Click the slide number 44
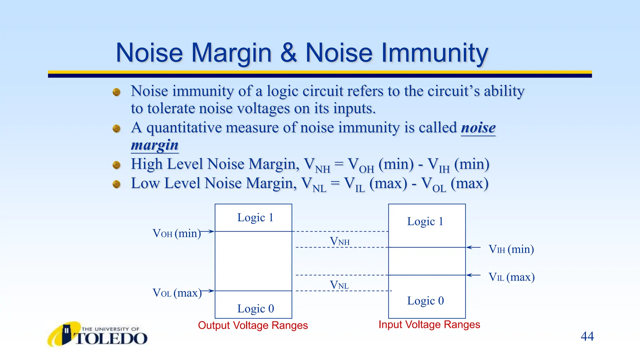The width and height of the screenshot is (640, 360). pos(587,336)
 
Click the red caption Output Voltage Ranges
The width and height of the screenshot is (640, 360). pos(253,325)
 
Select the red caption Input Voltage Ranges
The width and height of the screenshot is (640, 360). pos(429,324)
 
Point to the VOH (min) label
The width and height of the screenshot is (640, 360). pos(177,233)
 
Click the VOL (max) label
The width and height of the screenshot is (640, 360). pos(177,293)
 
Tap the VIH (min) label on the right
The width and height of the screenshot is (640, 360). pos(511,249)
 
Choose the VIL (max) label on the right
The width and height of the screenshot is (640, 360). pos(511,277)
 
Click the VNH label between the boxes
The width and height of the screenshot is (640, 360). pos(340,241)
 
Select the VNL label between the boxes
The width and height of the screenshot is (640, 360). pos(339,285)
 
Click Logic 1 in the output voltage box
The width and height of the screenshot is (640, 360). pos(255,217)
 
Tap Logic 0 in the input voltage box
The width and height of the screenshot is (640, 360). pos(425,301)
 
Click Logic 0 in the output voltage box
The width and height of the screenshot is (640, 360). pos(255,309)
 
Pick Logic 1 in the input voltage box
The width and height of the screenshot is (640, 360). pos(425,222)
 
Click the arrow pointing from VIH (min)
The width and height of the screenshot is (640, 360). pos(473,247)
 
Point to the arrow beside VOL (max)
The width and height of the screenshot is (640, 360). pos(207,291)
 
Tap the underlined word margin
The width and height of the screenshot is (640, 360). pos(155,145)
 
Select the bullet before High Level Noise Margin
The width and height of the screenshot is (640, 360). pos(117,165)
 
